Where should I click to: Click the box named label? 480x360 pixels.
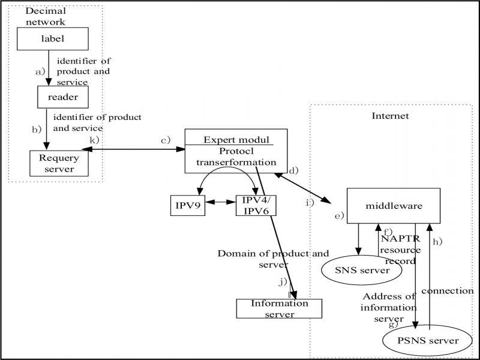pyautogui.click(x=52, y=40)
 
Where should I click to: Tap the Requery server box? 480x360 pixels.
pyautogui.click(x=59, y=163)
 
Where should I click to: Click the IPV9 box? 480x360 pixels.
pyautogui.click(x=188, y=205)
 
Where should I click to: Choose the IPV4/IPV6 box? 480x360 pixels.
pyautogui.click(x=256, y=205)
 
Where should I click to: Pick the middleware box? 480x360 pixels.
pyautogui.click(x=394, y=206)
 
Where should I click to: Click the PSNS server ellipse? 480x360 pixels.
pyautogui.click(x=428, y=341)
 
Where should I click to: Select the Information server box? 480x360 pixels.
pyautogui.click(x=280, y=308)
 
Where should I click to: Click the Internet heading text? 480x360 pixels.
pyautogui.click(x=390, y=116)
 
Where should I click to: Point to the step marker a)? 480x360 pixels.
pyautogui.click(x=40, y=71)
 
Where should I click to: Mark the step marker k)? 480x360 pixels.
pyautogui.click(x=94, y=140)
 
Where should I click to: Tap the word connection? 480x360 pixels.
pyautogui.click(x=447, y=291)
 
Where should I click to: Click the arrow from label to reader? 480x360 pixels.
pyautogui.click(x=48, y=68)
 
